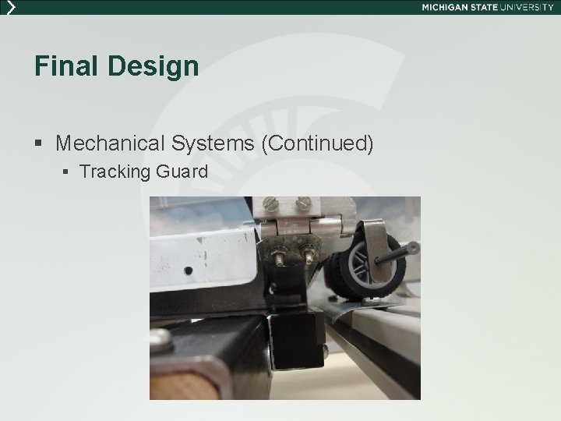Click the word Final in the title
click(62, 66)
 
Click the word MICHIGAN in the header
click(450, 7)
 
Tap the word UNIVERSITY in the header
click(527, 7)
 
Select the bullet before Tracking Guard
click(68, 172)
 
